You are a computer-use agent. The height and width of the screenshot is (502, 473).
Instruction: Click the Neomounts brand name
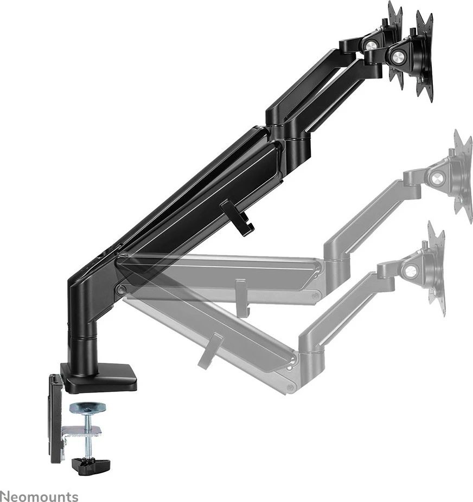point(39,496)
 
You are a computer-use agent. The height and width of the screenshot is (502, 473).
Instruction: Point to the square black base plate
point(100,378)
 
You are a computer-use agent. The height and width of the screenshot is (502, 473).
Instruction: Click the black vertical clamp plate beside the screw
point(56,417)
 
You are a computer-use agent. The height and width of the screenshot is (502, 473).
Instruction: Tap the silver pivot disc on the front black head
point(398,55)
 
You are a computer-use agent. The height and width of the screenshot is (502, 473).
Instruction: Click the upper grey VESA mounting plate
point(463,175)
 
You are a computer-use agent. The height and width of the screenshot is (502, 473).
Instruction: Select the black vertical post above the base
point(81,331)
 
